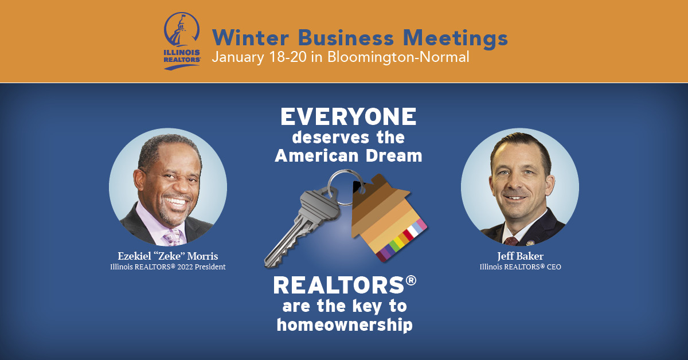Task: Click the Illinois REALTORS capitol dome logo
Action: pos(182,41)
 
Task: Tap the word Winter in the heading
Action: pos(251,38)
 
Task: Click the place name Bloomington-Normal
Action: pos(398,57)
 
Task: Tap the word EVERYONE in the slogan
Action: pos(349,116)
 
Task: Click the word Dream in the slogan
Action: pos(394,156)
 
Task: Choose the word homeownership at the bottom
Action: pos(345,325)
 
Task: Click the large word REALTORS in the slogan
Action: pos(339,285)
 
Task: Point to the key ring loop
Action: pos(346,187)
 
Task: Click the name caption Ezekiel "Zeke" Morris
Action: pos(167,256)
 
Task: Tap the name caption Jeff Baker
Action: pos(521,256)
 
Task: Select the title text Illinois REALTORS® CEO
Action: pos(521,267)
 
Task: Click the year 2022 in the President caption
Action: pos(185,267)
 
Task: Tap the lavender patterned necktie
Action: pos(173,237)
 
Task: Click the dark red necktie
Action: pos(511,241)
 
